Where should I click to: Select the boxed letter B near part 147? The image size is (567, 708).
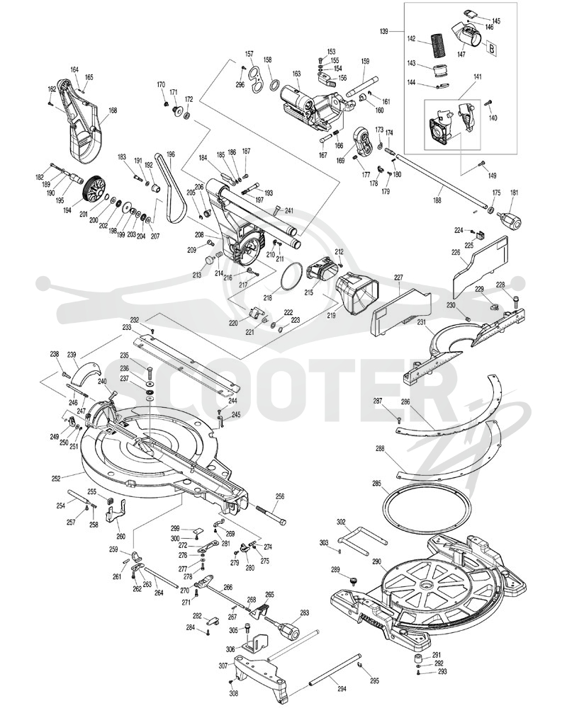(x=491, y=48)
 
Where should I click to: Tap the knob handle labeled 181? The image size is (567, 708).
(x=510, y=220)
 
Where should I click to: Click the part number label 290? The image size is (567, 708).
(x=376, y=561)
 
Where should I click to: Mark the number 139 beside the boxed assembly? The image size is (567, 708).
(x=384, y=32)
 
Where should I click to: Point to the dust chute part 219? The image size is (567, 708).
(x=358, y=294)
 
